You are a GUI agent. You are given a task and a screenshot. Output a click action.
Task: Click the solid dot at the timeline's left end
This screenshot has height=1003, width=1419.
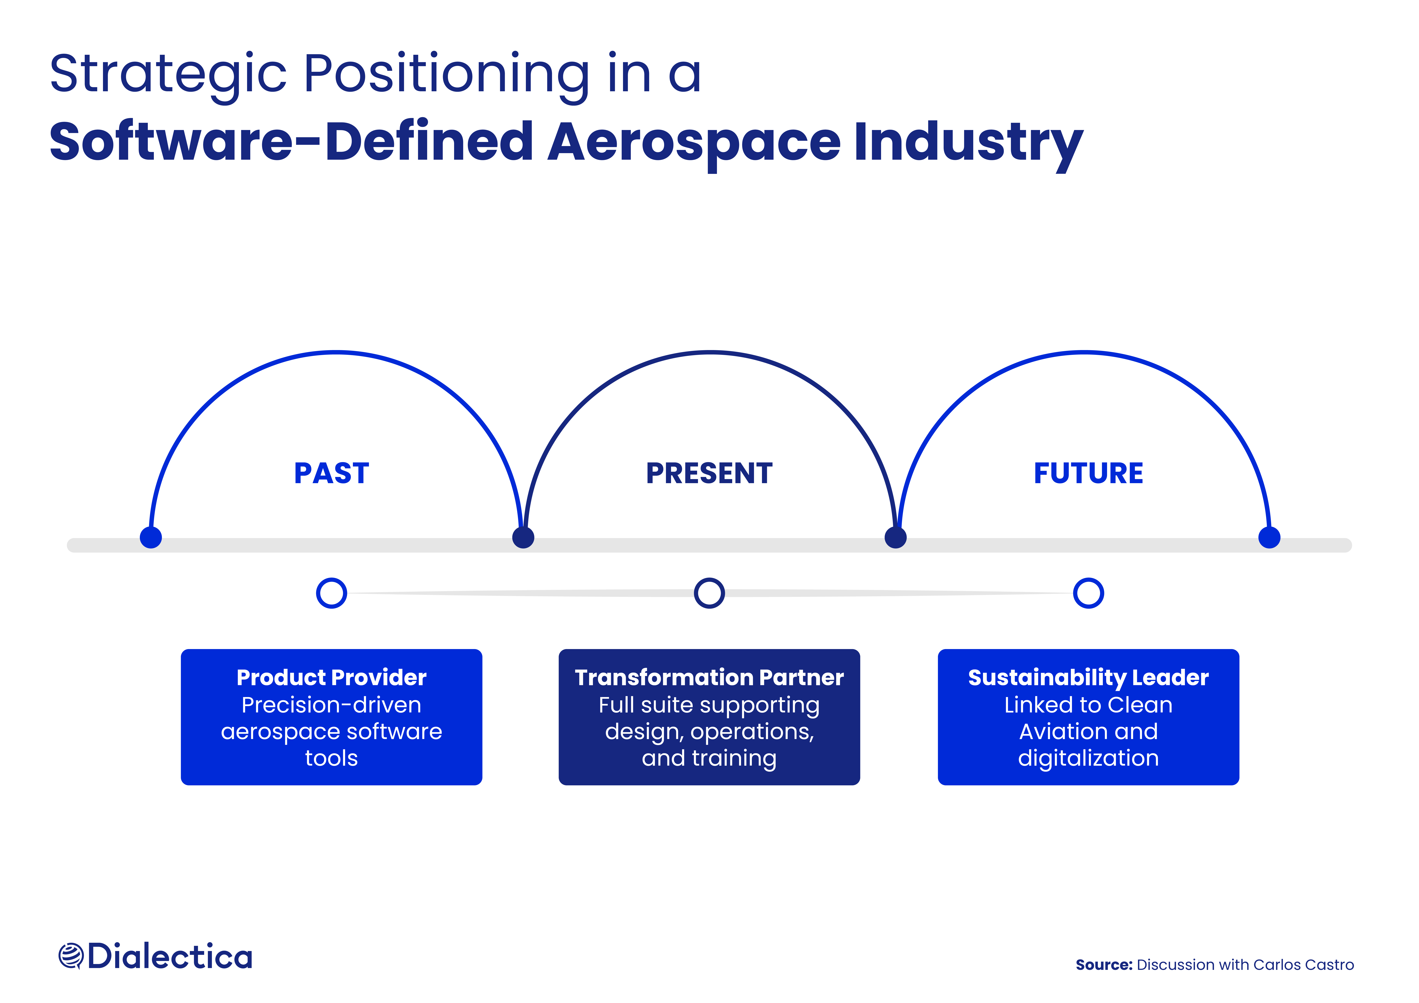point(151,538)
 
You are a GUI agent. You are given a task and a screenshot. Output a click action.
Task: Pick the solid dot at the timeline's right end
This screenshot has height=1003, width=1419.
point(1269,538)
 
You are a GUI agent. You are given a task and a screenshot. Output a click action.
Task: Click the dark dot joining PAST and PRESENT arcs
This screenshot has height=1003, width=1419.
point(523,538)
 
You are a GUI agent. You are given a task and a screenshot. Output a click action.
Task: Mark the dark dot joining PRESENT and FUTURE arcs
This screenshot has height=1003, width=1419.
point(896,538)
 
